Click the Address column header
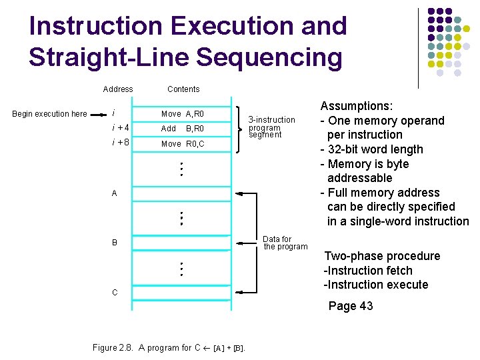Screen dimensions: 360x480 pyautogui.click(x=118, y=89)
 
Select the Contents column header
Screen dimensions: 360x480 pyautogui.click(x=183, y=89)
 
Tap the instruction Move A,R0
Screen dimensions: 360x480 pyautogui.click(x=183, y=114)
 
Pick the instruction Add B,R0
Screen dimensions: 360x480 pyautogui.click(x=183, y=129)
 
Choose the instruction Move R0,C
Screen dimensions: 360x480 pyautogui.click(x=183, y=144)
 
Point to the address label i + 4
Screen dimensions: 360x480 pyautogui.click(x=121, y=128)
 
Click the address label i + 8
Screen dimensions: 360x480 pyautogui.click(x=121, y=143)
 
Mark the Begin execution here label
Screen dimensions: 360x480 pyautogui.click(x=50, y=114)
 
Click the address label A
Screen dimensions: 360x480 pyautogui.click(x=115, y=193)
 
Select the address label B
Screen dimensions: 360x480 pyautogui.click(x=115, y=243)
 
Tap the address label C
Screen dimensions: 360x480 pyautogui.click(x=115, y=293)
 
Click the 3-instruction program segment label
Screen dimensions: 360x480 pyautogui.click(x=271, y=127)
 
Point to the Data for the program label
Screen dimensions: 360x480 pyautogui.click(x=285, y=243)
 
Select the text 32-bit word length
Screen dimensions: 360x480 pyautogui.click(x=375, y=149)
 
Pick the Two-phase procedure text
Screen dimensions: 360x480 pyautogui.click(x=382, y=256)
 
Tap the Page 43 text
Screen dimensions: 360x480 pyautogui.click(x=351, y=306)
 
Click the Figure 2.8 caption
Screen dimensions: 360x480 pyautogui.click(x=169, y=348)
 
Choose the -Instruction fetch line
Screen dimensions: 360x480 pyautogui.click(x=368, y=271)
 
